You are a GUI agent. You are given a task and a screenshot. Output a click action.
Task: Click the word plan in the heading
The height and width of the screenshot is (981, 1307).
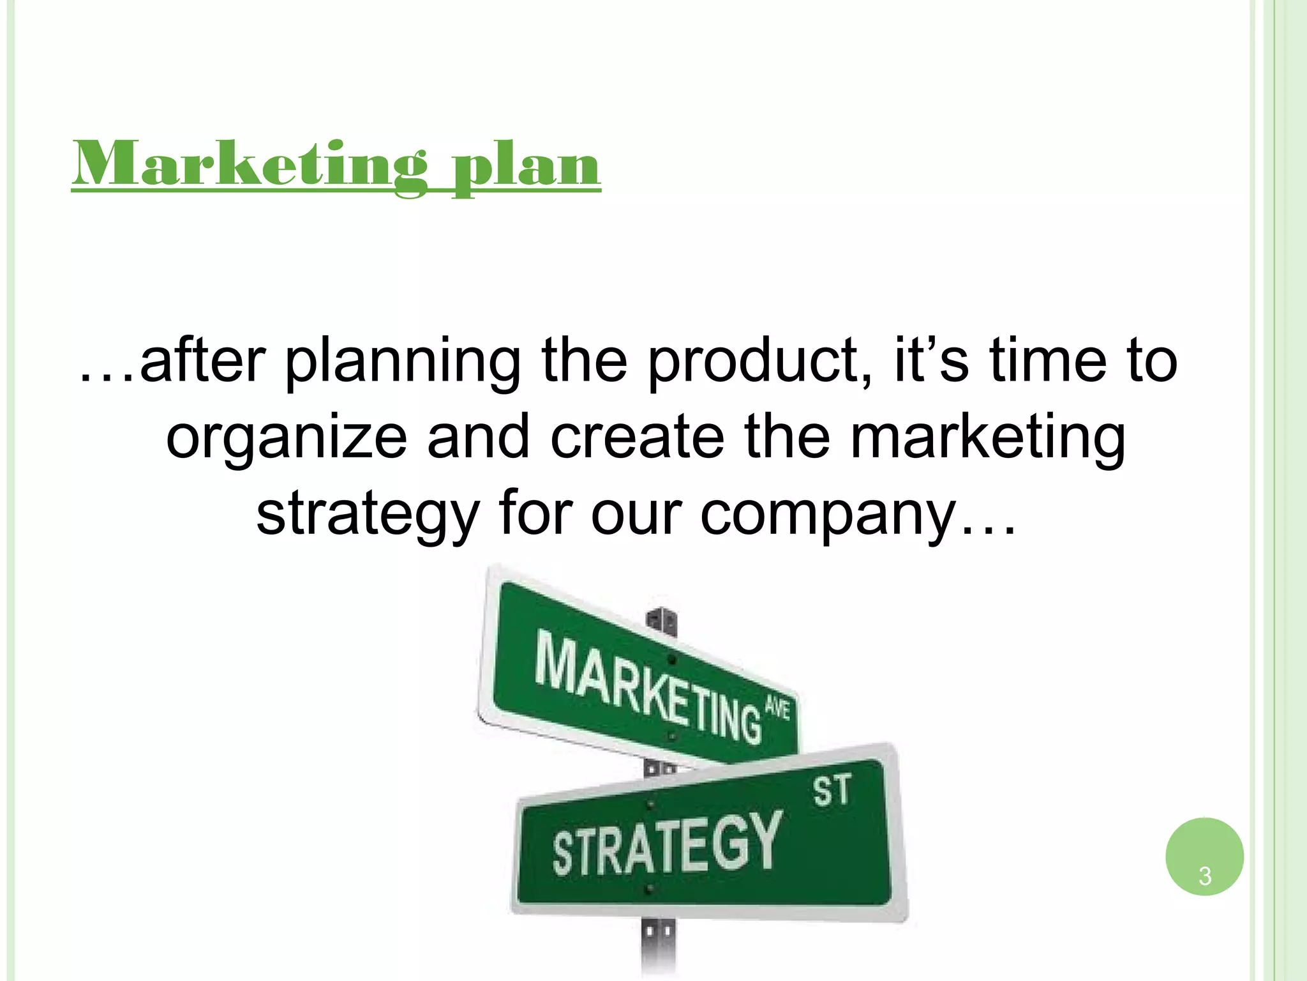pyautogui.click(x=526, y=167)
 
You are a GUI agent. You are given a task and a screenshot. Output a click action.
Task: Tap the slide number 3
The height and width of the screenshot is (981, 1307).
pyautogui.click(x=1204, y=876)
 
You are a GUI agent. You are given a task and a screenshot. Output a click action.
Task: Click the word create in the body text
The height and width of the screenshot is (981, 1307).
pyautogui.click(x=637, y=437)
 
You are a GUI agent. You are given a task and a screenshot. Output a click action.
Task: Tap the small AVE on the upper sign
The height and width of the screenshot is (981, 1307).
pyautogui.click(x=777, y=709)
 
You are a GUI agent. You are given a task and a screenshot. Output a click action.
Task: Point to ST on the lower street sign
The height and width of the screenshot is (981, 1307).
pyautogui.click(x=832, y=791)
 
